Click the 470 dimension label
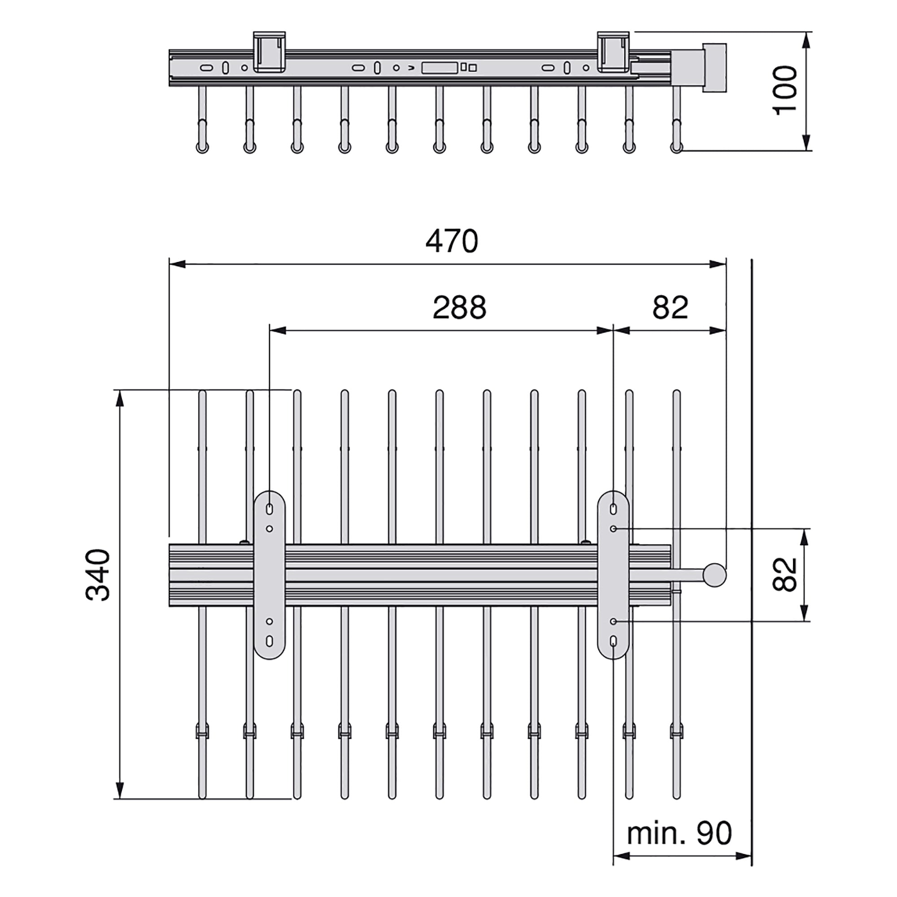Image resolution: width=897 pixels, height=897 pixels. pos(452,241)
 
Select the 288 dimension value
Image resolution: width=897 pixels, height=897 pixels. pos(459,307)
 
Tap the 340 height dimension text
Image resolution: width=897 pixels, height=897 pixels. pos(98,575)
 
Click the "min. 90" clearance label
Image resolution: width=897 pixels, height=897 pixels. pos(679,833)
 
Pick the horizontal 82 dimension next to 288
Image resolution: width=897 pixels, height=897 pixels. pos(670,307)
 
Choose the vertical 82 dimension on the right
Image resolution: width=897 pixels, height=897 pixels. pos(784,575)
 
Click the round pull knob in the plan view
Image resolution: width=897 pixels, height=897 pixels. pos(714,575)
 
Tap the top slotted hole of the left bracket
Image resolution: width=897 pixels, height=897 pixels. pos(269,509)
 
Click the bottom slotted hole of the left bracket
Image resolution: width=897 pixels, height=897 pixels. pos(269,641)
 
